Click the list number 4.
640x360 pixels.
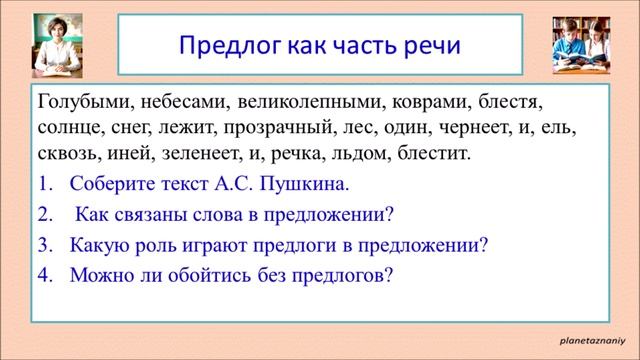[x=44, y=276]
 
